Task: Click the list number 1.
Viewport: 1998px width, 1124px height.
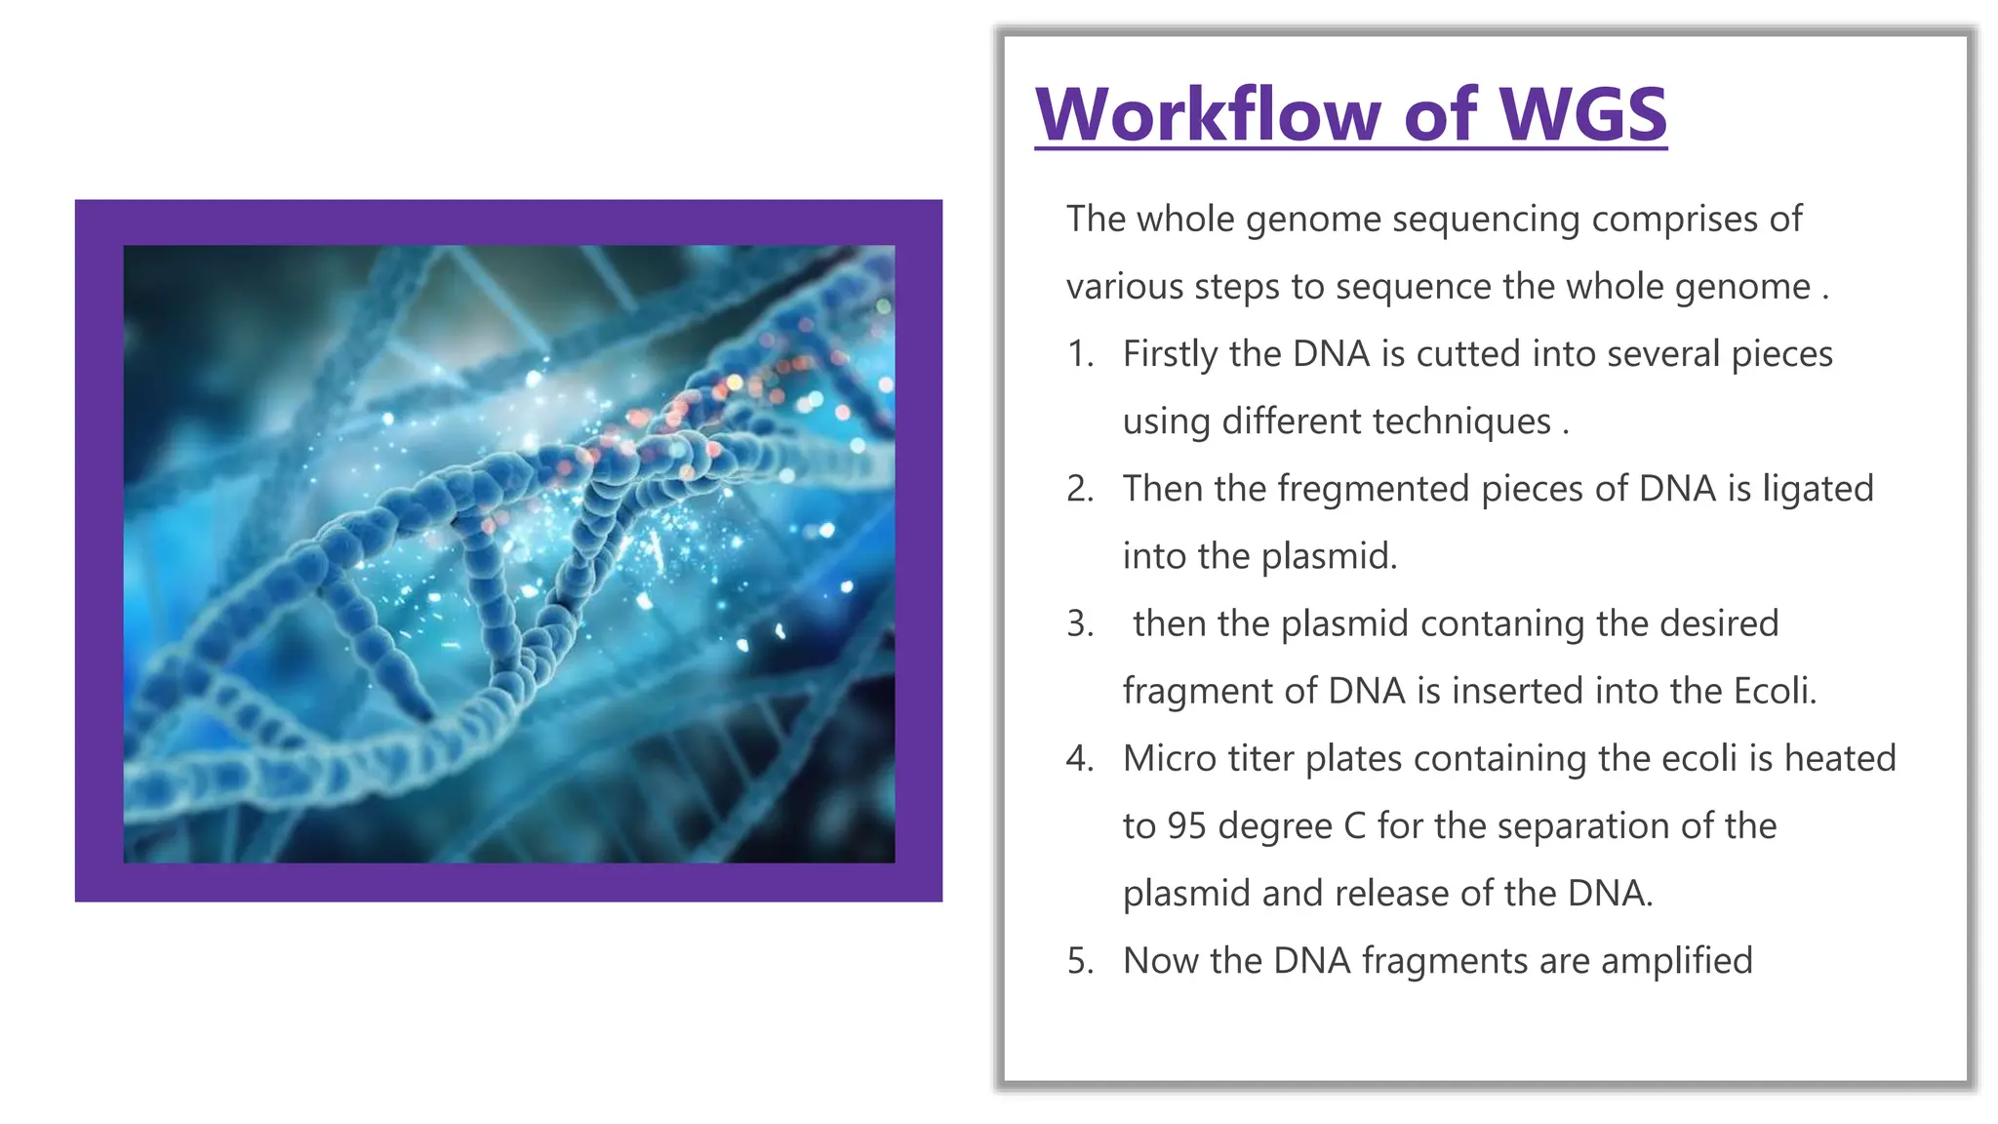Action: pos(1080,354)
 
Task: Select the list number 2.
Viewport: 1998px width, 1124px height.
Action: pos(1080,489)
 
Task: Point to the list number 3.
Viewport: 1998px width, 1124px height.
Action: pos(1080,623)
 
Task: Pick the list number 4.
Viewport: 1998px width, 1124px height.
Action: pos(1080,758)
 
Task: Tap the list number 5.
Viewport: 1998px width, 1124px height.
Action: pos(1080,961)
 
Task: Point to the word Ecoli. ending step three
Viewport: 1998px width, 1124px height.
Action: pos(1775,691)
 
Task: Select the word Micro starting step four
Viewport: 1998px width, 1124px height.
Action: pos(1166,758)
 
